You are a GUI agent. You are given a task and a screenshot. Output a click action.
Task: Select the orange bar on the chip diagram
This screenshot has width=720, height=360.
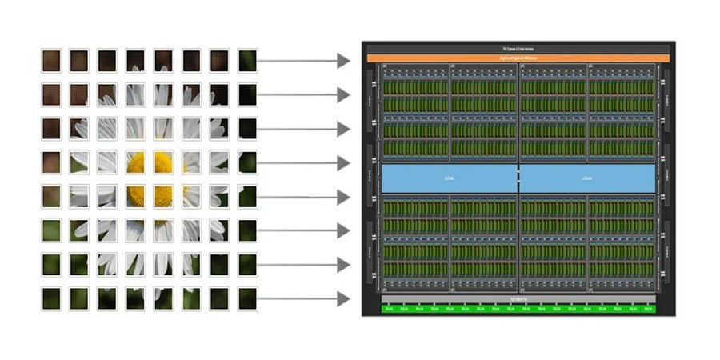[518, 58]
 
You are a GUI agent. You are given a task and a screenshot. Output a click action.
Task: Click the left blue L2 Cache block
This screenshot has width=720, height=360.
[449, 178]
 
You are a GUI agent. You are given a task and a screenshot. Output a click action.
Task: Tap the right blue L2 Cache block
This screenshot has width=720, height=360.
[587, 178]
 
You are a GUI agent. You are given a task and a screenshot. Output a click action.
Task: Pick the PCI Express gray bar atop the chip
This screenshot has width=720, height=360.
[518, 49]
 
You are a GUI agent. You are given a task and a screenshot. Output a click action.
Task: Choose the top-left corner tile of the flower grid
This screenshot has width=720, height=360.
[51, 61]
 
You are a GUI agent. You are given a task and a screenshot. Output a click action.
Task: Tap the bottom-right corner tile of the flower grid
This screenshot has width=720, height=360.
[247, 298]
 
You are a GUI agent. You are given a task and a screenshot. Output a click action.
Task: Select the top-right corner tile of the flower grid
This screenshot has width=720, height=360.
[247, 61]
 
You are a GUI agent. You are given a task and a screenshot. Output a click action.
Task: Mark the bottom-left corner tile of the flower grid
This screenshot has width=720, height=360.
[51, 298]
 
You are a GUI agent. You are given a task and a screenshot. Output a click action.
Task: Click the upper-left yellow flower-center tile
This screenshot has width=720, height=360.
[135, 162]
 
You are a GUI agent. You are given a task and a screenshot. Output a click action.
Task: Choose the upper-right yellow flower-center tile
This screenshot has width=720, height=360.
[163, 162]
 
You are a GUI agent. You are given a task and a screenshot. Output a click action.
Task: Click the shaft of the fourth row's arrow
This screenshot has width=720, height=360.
[296, 163]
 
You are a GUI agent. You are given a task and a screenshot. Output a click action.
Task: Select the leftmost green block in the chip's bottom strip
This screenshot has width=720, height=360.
[388, 308]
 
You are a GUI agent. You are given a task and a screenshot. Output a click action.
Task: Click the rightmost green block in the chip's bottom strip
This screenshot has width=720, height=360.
[647, 308]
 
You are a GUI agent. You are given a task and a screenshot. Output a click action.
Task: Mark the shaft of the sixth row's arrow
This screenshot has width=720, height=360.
[296, 231]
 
